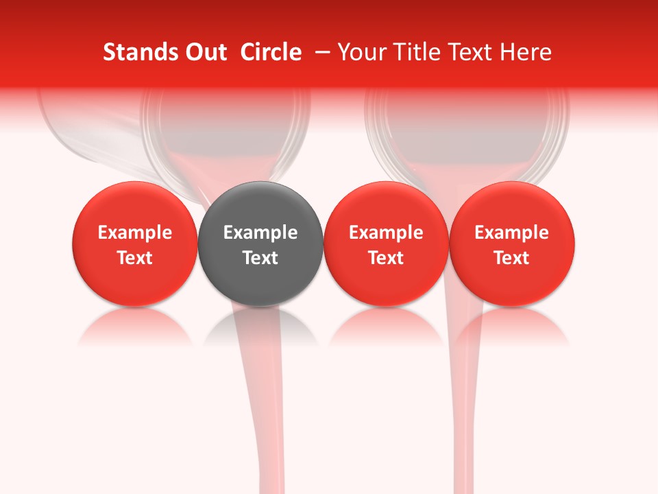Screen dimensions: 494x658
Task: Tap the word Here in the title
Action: pos(526,52)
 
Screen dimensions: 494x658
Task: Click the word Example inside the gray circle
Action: pos(260,233)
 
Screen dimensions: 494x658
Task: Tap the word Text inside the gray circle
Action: pos(260,258)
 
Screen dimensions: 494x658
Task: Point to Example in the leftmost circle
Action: pos(135,233)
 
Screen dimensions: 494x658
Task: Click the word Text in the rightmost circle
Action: pos(512,258)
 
